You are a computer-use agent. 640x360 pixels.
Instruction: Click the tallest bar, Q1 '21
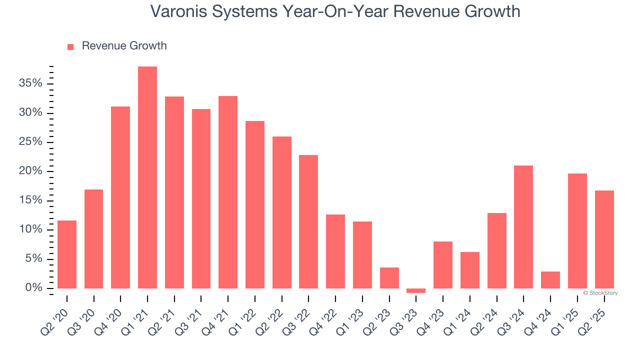(x=147, y=177)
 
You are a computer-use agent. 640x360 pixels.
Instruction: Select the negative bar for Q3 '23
(x=416, y=290)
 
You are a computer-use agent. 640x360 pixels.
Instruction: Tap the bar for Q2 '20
(x=67, y=254)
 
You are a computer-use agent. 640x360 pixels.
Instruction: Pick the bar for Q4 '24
(x=550, y=280)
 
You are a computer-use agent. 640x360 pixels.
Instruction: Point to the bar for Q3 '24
(x=523, y=227)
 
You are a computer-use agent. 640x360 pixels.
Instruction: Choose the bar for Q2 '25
(x=604, y=239)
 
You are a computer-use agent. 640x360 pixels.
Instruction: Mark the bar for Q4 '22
(x=335, y=251)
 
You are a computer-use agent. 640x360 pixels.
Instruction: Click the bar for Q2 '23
(x=389, y=278)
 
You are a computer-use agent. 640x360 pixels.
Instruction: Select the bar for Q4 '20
(x=120, y=197)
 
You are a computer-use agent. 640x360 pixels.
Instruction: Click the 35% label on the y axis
(x=31, y=83)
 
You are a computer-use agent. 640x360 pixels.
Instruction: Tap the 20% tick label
(x=31, y=171)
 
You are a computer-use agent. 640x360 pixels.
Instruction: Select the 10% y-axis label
(x=31, y=230)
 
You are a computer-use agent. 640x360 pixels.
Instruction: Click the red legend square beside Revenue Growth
(x=70, y=46)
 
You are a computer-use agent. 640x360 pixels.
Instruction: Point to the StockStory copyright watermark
(x=600, y=293)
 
